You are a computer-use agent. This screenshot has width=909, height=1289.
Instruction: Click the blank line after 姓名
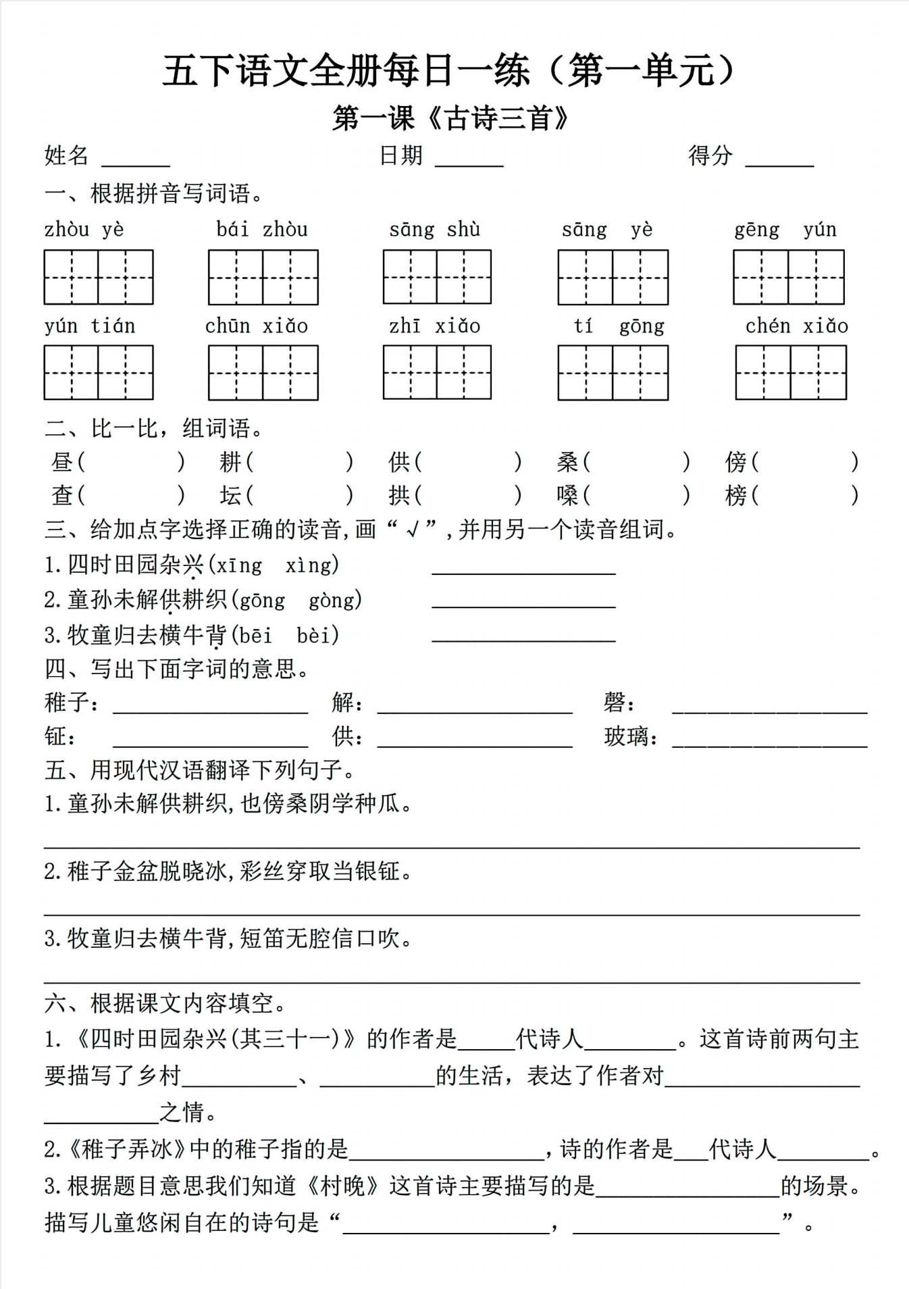[136, 162]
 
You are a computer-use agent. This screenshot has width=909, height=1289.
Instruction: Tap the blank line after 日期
[469, 162]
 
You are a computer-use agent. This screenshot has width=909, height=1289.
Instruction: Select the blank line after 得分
[779, 162]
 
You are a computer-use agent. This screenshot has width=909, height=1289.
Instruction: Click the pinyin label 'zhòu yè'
[84, 230]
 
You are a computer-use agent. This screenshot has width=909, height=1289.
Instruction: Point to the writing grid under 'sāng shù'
[437, 277]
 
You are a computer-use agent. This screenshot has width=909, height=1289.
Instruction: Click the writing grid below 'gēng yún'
[789, 277]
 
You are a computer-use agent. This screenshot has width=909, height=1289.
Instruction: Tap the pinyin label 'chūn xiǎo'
[256, 326]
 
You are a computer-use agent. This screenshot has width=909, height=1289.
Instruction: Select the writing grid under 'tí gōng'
[613, 373]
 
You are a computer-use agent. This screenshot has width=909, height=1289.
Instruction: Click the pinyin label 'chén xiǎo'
[796, 326]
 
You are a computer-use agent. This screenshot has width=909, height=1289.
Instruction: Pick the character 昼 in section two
[62, 462]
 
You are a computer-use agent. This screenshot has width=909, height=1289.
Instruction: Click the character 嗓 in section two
[567, 496]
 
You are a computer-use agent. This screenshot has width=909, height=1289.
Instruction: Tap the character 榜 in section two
[735, 496]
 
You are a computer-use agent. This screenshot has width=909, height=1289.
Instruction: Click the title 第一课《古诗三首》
[451, 119]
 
